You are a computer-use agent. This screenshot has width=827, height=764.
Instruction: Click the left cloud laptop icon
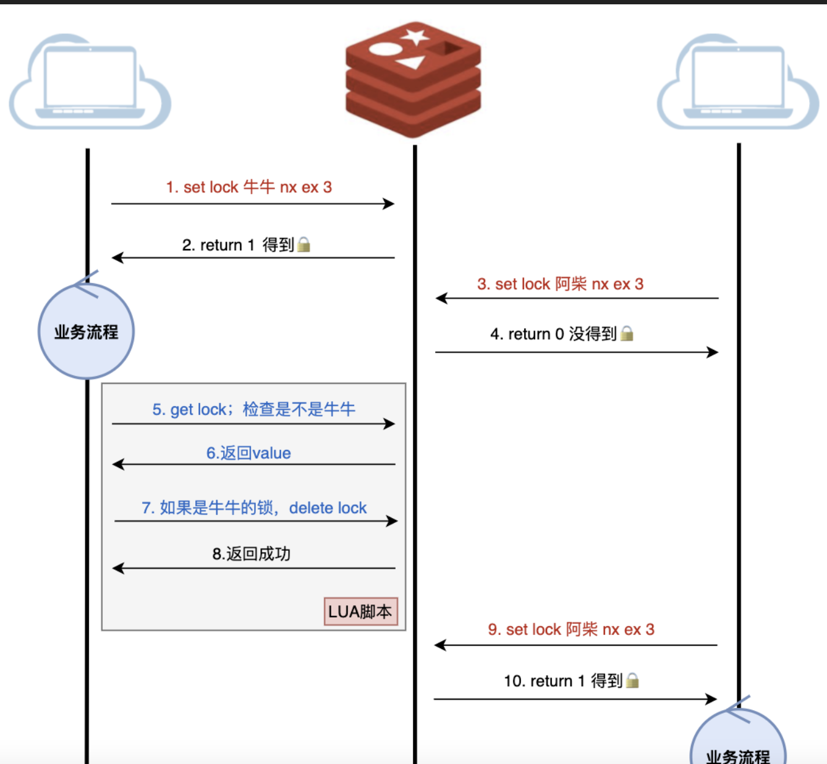tap(90, 83)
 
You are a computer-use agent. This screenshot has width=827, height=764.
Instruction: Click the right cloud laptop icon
tap(738, 83)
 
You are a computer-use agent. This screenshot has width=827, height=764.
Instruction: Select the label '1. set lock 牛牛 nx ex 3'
tap(249, 187)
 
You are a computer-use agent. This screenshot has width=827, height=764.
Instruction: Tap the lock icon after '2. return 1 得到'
tap(303, 245)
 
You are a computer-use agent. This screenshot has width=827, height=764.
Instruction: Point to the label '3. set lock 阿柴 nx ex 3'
tap(560, 284)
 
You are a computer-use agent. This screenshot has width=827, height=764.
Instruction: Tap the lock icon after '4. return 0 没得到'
tap(627, 334)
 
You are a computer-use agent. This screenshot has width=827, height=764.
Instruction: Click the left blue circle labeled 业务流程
tap(86, 332)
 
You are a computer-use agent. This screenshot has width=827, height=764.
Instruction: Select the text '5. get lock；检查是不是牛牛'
tap(253, 409)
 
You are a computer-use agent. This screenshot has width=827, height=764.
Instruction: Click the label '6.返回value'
tap(248, 453)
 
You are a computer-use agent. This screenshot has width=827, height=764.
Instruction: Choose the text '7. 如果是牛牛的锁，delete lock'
tap(254, 508)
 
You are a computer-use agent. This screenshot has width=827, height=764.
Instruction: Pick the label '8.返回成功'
tap(252, 554)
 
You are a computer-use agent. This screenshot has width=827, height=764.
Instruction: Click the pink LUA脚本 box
tap(360, 611)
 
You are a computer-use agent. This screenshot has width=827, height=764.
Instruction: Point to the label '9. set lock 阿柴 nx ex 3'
tap(571, 630)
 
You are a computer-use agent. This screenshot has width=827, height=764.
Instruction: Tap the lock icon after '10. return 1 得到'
tap(632, 681)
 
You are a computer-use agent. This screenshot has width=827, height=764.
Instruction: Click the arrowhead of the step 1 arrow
tap(389, 203)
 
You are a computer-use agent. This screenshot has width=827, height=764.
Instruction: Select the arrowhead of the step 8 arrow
tap(118, 568)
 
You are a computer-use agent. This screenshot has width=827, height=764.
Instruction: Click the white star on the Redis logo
tap(415, 36)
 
